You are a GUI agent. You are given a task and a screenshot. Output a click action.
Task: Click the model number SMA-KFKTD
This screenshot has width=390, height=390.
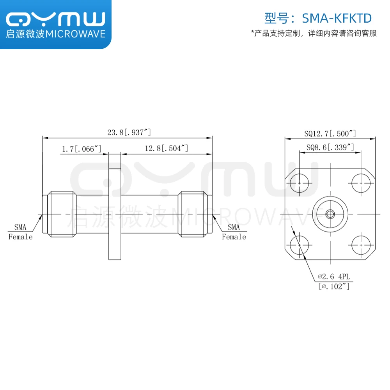337,18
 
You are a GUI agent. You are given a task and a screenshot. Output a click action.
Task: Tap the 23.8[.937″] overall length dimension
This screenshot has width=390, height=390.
129,132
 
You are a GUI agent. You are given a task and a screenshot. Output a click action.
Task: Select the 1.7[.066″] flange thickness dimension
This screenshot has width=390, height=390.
82,149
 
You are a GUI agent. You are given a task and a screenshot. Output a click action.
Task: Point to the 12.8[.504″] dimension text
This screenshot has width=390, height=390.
167,148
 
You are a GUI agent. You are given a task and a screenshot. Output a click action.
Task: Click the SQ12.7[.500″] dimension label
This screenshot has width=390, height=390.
330,133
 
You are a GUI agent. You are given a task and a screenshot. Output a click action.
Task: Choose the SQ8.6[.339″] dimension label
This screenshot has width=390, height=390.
330,147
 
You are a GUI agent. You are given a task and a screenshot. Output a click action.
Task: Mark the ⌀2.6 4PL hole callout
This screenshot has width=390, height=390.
334,277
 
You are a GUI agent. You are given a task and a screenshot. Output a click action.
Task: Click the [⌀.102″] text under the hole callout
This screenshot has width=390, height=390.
334,286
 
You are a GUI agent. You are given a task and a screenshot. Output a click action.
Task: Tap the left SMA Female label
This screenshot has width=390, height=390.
20,232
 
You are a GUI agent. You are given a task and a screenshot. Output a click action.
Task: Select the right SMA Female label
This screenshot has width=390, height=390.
234,232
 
